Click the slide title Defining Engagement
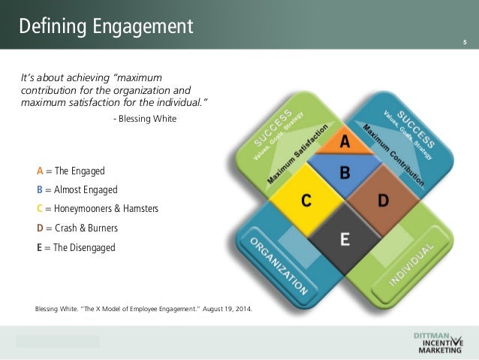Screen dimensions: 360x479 pos(106,27)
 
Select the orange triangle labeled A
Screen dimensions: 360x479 pos(345,141)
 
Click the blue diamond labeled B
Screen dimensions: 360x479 pos(345,173)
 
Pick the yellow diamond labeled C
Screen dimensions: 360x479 pos(306,201)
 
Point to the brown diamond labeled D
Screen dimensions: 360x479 pos(383,201)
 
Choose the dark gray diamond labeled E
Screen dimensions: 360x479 pos(345,240)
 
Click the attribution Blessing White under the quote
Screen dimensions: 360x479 pos(147,118)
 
